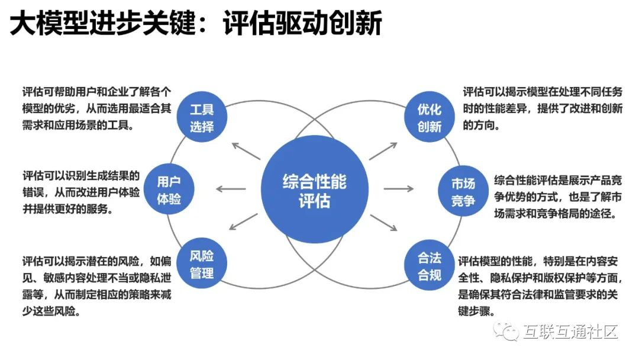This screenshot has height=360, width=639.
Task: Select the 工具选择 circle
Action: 202,117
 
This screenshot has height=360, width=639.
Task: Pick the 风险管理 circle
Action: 202,264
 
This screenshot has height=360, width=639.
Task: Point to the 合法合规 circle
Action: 429,266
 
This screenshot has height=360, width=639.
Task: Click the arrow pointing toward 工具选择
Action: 246,152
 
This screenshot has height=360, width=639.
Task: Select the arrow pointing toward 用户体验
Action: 230,189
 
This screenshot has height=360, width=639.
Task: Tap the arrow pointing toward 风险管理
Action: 244,223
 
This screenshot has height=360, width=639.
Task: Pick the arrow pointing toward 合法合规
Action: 383,223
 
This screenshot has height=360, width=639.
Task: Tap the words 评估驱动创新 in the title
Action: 302,24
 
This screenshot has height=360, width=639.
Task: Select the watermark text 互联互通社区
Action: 571,332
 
